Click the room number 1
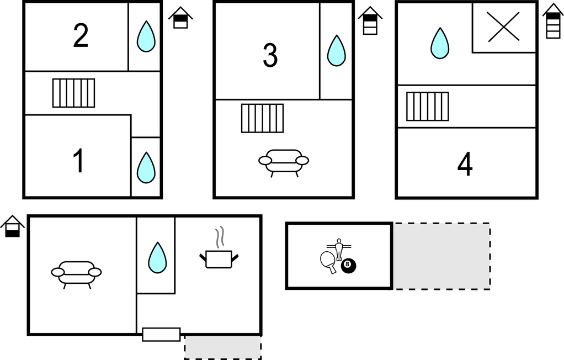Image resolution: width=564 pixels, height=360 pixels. click(79, 161)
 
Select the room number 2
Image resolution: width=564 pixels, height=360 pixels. click(81, 35)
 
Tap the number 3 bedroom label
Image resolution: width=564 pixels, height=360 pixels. click(270, 55)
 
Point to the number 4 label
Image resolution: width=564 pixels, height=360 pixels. click(465, 164)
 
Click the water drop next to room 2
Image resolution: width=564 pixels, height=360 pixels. click(146, 36)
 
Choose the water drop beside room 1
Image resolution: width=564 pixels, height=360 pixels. click(146, 168)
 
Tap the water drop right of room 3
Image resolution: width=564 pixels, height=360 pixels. click(336, 50)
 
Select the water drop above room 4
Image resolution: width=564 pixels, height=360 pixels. click(440, 43)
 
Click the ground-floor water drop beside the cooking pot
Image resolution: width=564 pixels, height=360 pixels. click(157, 257)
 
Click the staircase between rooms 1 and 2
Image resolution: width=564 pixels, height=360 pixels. click(74, 93)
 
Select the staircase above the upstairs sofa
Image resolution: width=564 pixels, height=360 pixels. click(262, 119)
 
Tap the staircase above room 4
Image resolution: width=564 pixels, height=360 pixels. click(428, 107)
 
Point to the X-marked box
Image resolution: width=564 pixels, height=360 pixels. click(503, 27)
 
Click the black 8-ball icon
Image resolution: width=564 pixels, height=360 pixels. click(348, 266)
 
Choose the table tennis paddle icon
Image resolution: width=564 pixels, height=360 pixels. click(328, 262)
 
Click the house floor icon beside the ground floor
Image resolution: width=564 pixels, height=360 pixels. click(13, 226)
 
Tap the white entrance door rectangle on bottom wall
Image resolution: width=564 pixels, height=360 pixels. click(161, 335)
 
